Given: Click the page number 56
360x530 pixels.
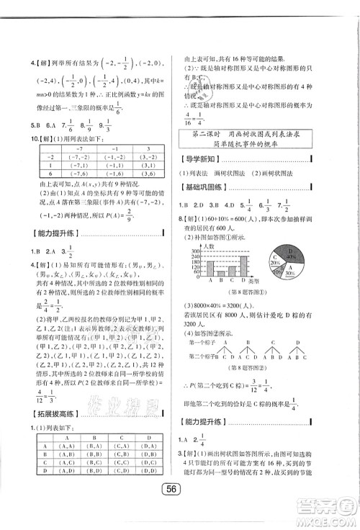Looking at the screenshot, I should pos(179,506).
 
